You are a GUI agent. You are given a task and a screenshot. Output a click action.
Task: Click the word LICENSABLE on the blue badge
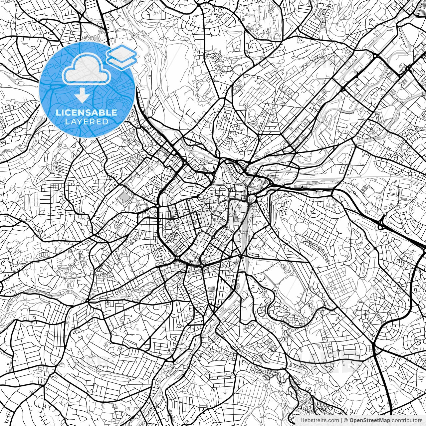pos(87,112)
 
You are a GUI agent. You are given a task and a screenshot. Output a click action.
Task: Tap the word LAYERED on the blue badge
pos(87,121)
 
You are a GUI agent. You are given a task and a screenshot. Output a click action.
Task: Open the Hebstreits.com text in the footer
pos(320,420)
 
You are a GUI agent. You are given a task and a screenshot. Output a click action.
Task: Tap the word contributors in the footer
pos(406,420)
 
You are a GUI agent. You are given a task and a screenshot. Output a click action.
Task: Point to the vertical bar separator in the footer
pos(341,420)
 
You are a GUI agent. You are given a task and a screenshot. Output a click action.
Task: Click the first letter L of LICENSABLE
pos(58,112)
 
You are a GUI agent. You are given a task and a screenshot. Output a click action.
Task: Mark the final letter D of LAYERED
pos(106,121)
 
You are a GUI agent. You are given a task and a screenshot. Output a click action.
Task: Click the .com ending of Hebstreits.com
pos(333,420)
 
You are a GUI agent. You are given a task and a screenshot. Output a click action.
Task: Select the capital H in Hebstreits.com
pos(302,420)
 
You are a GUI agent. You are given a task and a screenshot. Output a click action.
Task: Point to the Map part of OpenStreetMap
pos(384,420)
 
